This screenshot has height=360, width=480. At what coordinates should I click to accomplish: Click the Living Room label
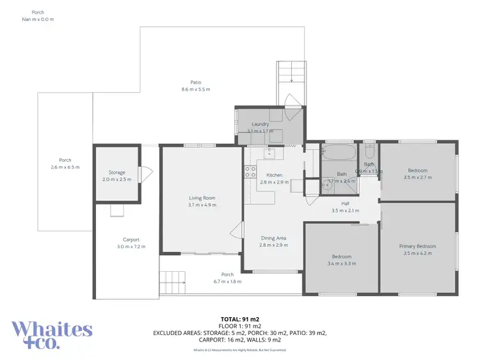[202, 198]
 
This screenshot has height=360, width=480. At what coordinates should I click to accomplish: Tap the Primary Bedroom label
[417, 246]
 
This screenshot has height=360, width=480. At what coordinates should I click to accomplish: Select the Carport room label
[131, 239]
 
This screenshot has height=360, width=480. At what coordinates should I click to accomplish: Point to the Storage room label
[116, 173]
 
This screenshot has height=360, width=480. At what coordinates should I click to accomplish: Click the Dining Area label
[273, 238]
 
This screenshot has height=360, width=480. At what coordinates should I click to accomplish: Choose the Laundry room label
[260, 124]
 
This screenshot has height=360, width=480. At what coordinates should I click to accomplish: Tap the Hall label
[345, 204]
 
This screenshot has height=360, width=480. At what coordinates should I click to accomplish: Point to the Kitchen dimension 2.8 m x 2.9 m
[274, 182]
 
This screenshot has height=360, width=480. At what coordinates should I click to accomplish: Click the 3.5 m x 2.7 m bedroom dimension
[417, 177]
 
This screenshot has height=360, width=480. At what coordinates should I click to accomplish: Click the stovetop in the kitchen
[250, 171]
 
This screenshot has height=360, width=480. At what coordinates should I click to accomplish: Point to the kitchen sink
[269, 153]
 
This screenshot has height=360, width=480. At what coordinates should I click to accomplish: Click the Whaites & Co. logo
[52, 334]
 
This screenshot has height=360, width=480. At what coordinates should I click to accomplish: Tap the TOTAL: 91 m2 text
[239, 318]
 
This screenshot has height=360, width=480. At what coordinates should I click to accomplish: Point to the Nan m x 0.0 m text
[38, 19]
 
